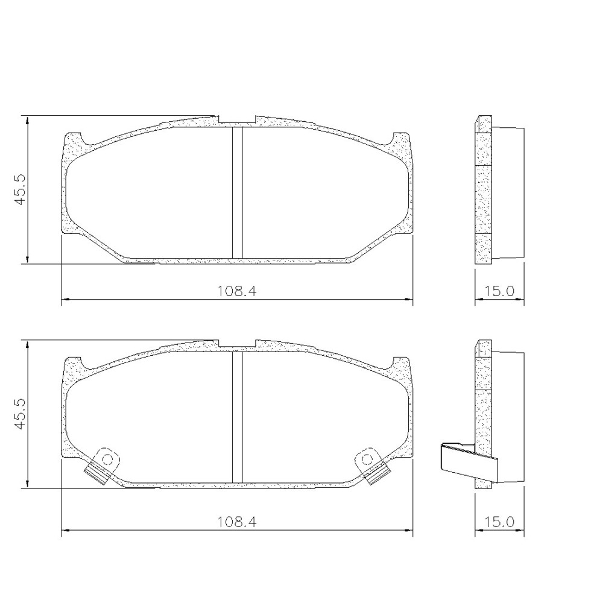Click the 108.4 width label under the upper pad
click(237, 291)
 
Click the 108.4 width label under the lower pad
click(237, 523)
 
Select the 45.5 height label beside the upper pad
click(21, 189)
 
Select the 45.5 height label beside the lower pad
click(21, 414)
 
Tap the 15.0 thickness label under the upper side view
click(499, 291)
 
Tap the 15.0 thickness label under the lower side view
click(499, 523)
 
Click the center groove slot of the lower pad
click(237, 416)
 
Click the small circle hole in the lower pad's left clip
click(108, 459)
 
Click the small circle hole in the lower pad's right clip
click(366, 459)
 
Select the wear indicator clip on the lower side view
click(467, 463)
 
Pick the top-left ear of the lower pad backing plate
click(74, 365)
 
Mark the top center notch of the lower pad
click(237, 346)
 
